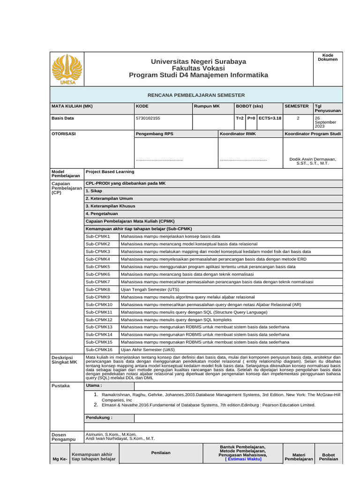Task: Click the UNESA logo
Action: [66, 69]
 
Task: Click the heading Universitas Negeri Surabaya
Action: [198, 62]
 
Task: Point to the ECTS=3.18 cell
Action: [270, 119]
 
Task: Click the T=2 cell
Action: [240, 119]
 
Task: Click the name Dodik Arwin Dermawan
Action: [313, 159]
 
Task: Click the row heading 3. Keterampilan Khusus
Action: [110, 206]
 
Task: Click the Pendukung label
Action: [98, 418]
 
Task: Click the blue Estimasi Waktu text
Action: [243, 460]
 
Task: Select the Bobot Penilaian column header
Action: [328, 457]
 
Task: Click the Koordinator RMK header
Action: [238, 134]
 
